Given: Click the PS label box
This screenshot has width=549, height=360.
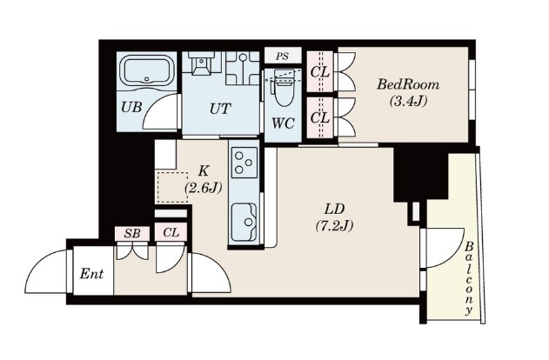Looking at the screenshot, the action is pyautogui.click(x=283, y=56).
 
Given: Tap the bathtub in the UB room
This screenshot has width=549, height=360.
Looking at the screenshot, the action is pyautogui.click(x=147, y=71).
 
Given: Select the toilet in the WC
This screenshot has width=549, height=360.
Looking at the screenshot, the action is pyautogui.click(x=283, y=88).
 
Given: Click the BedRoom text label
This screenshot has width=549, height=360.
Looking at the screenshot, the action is pyautogui.click(x=408, y=84).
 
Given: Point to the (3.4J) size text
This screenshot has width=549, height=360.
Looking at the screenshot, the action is pyautogui.click(x=408, y=102).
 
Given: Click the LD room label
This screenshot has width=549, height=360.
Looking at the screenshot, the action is pyautogui.click(x=334, y=210).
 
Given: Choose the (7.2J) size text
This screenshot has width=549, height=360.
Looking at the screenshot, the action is pyautogui.click(x=334, y=226).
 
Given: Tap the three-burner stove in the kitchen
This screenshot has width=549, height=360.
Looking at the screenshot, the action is pyautogui.click(x=244, y=163).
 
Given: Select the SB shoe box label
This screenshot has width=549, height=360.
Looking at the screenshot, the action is pyautogui.click(x=132, y=233).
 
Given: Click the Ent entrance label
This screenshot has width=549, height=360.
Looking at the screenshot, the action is pyautogui.click(x=91, y=274).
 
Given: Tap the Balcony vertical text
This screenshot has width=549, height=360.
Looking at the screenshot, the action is pyautogui.click(x=469, y=278).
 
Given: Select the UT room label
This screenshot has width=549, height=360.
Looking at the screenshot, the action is pyautogui.click(x=220, y=109).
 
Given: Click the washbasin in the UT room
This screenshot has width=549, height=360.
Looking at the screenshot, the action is pyautogui.click(x=201, y=63).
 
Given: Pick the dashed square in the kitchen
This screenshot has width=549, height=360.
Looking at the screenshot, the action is pyautogui.click(x=172, y=187).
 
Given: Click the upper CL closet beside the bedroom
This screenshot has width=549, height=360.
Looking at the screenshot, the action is pyautogui.click(x=320, y=71).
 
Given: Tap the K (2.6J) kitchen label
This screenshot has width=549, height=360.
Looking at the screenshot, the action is pyautogui.click(x=204, y=180).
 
